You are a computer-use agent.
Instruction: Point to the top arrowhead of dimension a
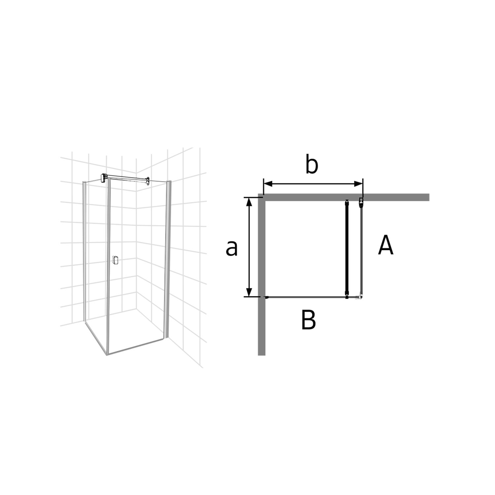pyautogui.click(x=249, y=202)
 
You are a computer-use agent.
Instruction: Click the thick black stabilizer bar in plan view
pyautogui.click(x=346, y=249)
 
